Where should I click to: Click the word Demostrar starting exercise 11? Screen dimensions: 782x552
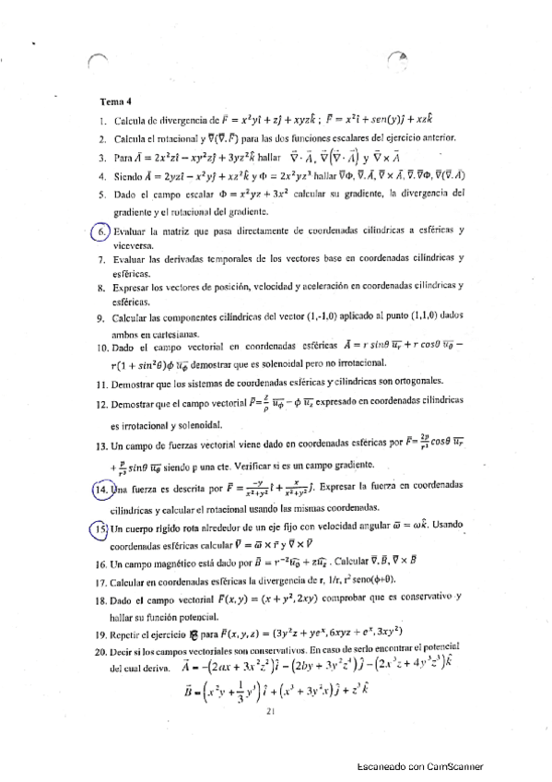click(135, 379)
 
